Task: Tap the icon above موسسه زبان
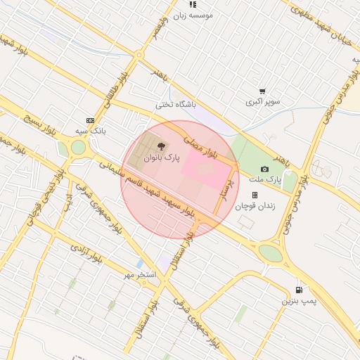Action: tap(193, 4)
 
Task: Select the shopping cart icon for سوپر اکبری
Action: tap(262, 91)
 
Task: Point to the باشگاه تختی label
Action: tap(174, 105)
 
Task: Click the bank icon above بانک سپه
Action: tap(89, 120)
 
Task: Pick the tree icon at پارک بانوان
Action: tap(162, 147)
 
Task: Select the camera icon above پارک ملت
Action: tap(264, 169)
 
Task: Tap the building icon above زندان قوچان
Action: tap(255, 195)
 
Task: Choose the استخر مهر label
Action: tap(140, 274)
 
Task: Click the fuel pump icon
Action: tap(300, 290)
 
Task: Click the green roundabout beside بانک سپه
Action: tap(77, 148)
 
